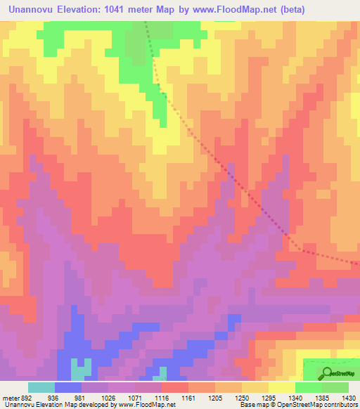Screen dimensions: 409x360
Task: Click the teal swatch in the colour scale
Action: click(41, 387)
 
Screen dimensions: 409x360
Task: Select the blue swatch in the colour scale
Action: click(68, 387)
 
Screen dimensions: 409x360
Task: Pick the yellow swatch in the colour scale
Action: click(281, 387)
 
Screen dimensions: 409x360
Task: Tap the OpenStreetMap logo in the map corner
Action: click(330, 371)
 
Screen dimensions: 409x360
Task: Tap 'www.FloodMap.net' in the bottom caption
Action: click(150, 405)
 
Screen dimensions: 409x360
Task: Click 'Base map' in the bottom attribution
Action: click(252, 405)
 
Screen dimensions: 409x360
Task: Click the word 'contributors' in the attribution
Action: click(340, 405)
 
